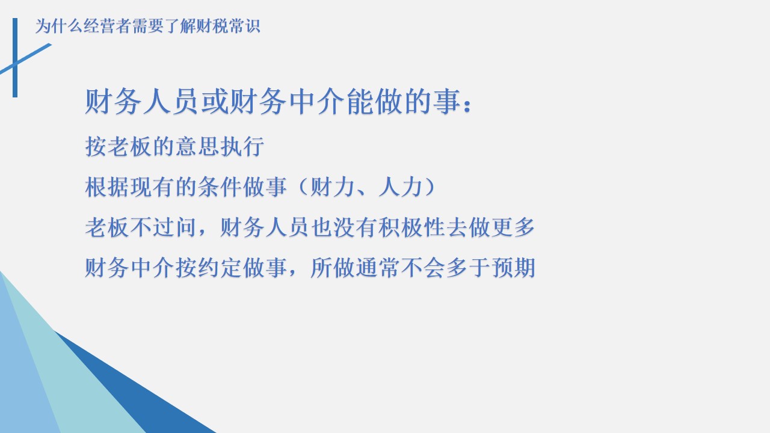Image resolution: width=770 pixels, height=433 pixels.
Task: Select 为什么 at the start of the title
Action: [x=58, y=26]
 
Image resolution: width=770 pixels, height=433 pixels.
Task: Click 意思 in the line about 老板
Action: [x=197, y=146]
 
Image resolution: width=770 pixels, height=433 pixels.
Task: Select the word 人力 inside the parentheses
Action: [x=401, y=187]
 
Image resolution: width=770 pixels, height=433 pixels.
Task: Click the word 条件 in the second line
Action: [x=220, y=187]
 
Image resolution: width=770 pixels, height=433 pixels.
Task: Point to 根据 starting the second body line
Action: [x=107, y=187]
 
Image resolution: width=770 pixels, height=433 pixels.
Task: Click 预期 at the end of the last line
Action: [x=513, y=268]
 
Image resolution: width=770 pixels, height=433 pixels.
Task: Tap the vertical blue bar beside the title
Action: [x=15, y=58]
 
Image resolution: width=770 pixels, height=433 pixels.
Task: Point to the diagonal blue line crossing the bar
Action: [x=25, y=59]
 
